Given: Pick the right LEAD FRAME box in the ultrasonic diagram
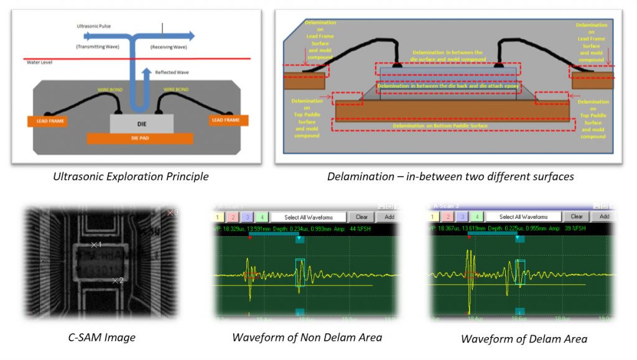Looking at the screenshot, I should click(x=226, y=119).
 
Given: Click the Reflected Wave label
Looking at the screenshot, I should click(x=172, y=72).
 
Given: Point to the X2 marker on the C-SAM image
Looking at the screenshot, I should click(x=116, y=280).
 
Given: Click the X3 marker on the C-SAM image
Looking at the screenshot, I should click(x=172, y=213).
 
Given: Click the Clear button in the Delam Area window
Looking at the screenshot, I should click(x=577, y=216).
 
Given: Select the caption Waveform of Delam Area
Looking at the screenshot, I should click(x=524, y=339).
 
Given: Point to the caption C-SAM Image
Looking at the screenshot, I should click(x=101, y=338).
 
